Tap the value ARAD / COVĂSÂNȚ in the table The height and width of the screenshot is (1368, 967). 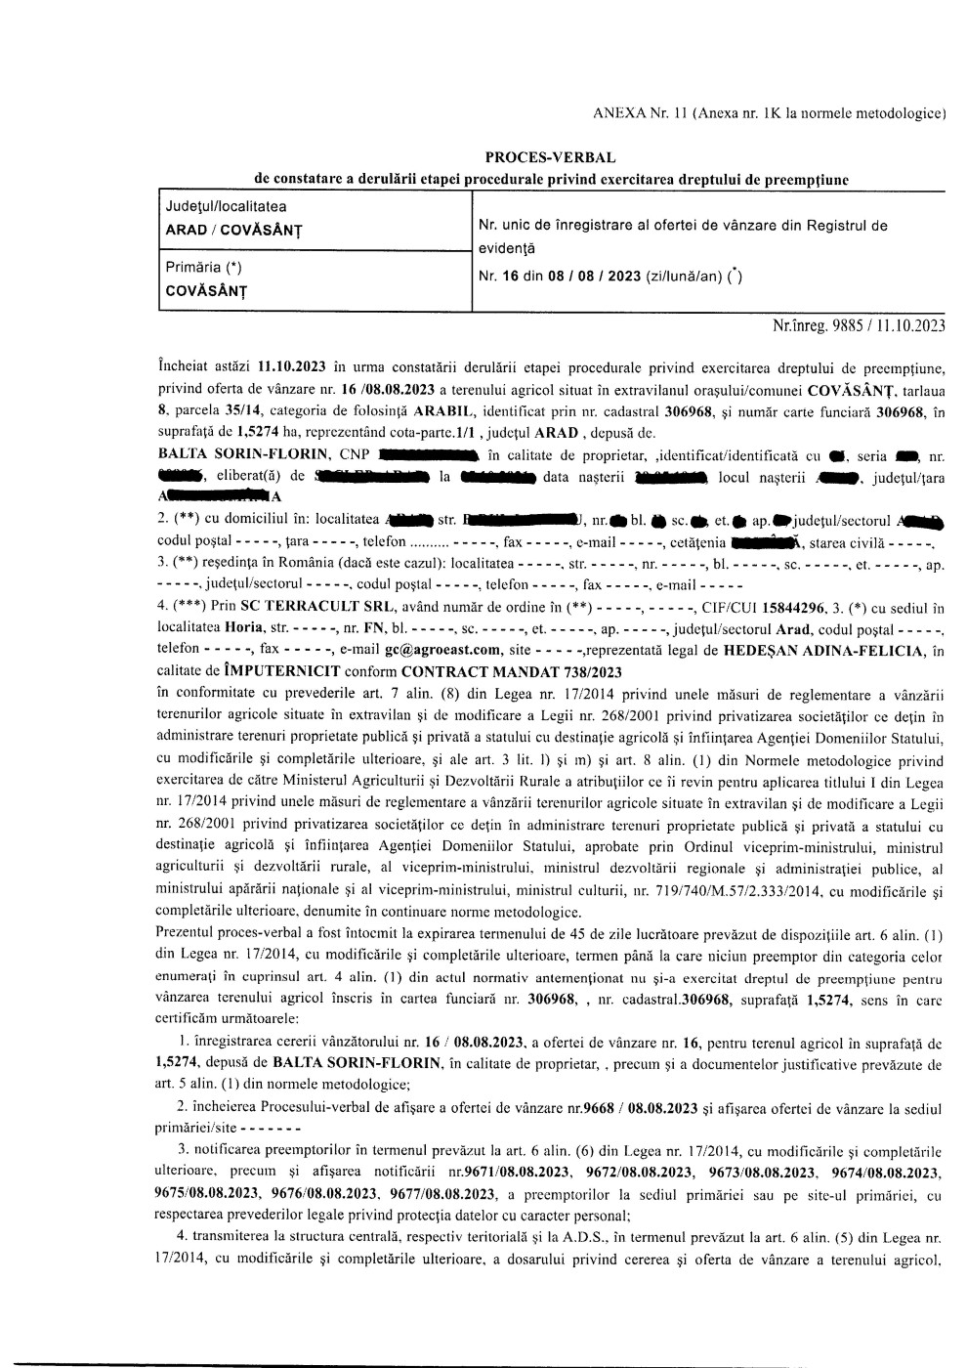tap(232, 230)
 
